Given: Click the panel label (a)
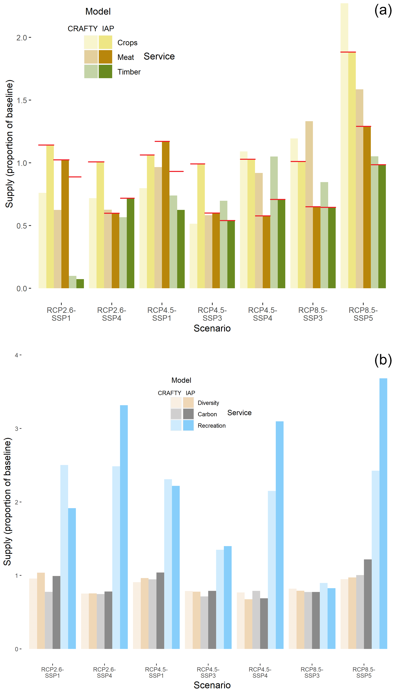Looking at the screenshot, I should [383, 11].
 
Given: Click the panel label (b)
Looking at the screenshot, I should [383, 360].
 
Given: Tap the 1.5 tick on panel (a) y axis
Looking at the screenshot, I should [22, 100].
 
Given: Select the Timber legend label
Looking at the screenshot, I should [129, 72].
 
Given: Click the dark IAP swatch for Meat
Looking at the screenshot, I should [105, 57].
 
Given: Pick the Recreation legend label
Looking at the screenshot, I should [212, 426].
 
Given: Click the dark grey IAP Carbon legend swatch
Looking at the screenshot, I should [188, 414].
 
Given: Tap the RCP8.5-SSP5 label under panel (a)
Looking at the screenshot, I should [363, 314].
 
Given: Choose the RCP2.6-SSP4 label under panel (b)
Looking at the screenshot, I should [104, 672].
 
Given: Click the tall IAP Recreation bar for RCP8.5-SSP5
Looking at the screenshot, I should [383, 515].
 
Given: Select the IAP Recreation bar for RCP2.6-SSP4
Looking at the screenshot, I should [124, 528].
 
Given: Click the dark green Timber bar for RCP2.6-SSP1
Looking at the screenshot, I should [80, 284].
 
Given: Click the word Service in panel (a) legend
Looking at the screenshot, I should [159, 56].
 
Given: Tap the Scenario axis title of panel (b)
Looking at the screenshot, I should [212, 685].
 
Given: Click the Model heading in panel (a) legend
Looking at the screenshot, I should [98, 11].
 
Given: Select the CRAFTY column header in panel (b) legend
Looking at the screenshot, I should [169, 393].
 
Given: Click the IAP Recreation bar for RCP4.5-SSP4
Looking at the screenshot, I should [279, 537].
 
